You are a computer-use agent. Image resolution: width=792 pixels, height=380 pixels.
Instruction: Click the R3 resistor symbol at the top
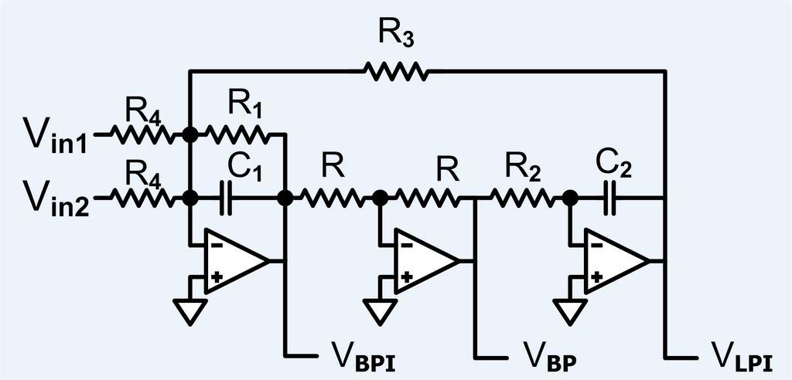coord(395,72)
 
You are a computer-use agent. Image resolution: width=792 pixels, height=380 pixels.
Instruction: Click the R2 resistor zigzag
coord(523,198)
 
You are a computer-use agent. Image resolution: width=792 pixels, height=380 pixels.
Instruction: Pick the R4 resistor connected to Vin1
coord(143,135)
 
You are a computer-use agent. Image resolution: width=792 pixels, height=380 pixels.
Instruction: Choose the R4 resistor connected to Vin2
coord(143,198)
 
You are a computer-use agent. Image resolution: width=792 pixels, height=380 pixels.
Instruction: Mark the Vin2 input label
coord(53,201)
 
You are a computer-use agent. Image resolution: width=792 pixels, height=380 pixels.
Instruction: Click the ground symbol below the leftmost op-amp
coord(190,310)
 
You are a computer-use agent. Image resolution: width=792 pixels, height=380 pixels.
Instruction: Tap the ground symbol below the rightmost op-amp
coord(571,310)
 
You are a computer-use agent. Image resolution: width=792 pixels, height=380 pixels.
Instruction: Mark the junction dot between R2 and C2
coord(571,198)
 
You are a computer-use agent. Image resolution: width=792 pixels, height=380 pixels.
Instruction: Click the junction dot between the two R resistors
coord(381,198)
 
